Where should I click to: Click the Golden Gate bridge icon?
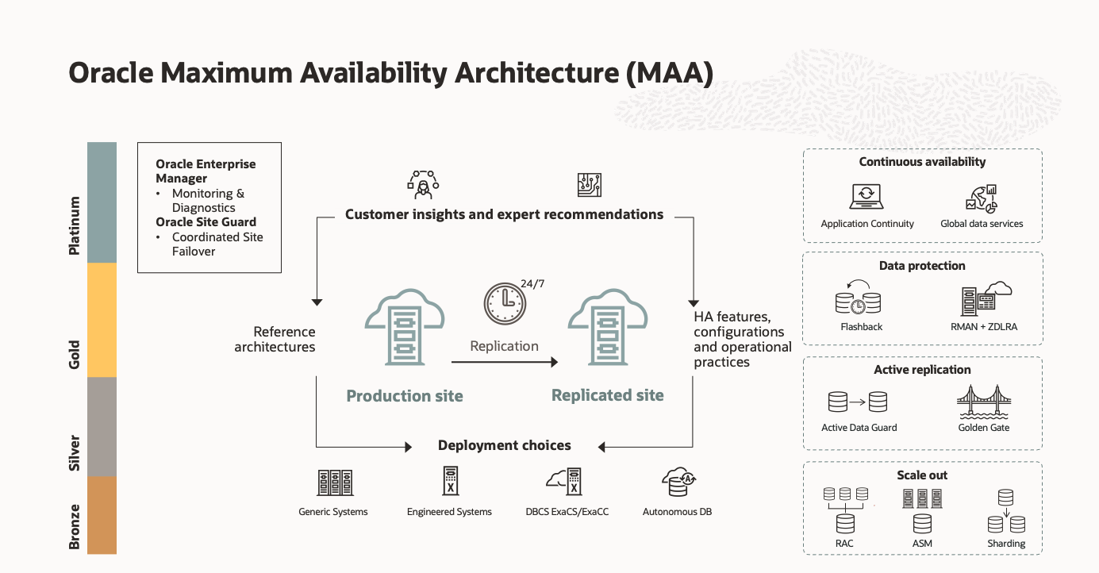pyautogui.click(x=984, y=402)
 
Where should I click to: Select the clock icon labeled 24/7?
pyautogui.click(x=505, y=303)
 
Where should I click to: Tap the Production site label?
pyautogui.click(x=405, y=396)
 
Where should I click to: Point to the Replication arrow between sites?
pyautogui.click(x=505, y=362)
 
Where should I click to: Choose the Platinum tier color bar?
pyautogui.click(x=102, y=202)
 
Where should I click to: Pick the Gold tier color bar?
pyautogui.click(x=102, y=320)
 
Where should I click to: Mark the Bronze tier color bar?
pyautogui.click(x=102, y=514)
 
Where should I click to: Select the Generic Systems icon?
pyautogui.click(x=334, y=483)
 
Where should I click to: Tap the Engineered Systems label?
pyautogui.click(x=449, y=512)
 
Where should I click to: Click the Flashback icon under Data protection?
pyautogui.click(x=859, y=298)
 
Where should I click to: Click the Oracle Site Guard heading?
pyautogui.click(x=206, y=222)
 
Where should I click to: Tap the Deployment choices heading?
pyautogui.click(x=505, y=445)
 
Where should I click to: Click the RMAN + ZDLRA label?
pyautogui.click(x=984, y=327)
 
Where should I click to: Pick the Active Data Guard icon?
pyautogui.click(x=858, y=402)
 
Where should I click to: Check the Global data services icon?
pyautogui.click(x=982, y=198)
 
